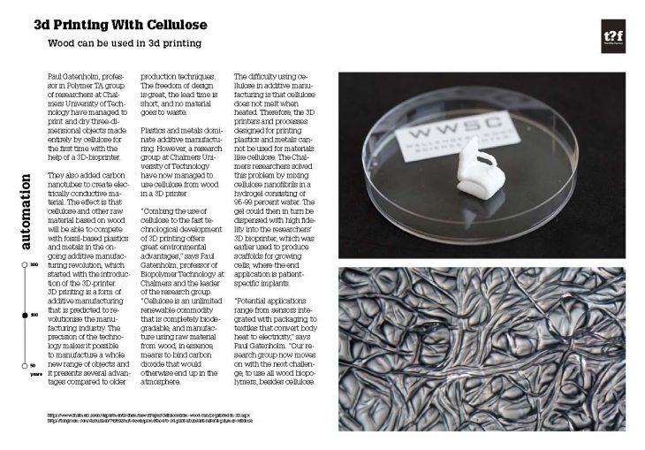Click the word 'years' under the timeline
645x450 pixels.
click(33, 375)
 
